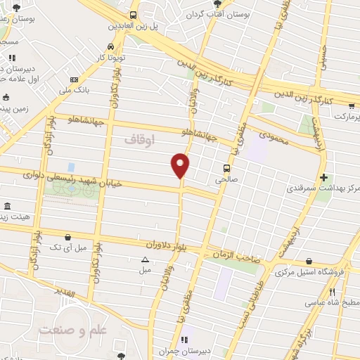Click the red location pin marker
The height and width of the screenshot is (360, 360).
click(x=181, y=165)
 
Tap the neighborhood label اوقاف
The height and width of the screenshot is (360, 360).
click(x=139, y=140)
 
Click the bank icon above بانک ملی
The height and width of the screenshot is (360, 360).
click(x=74, y=79)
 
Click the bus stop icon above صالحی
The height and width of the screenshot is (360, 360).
click(x=226, y=169)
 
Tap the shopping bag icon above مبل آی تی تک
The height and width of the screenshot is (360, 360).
click(x=67, y=238)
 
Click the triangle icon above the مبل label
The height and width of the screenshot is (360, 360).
click(x=144, y=259)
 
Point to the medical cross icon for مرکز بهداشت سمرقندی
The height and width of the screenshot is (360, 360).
click(x=323, y=177)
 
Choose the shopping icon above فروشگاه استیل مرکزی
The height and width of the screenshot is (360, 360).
click(x=310, y=262)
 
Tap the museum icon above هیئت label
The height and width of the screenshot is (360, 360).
click(x=7, y=207)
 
